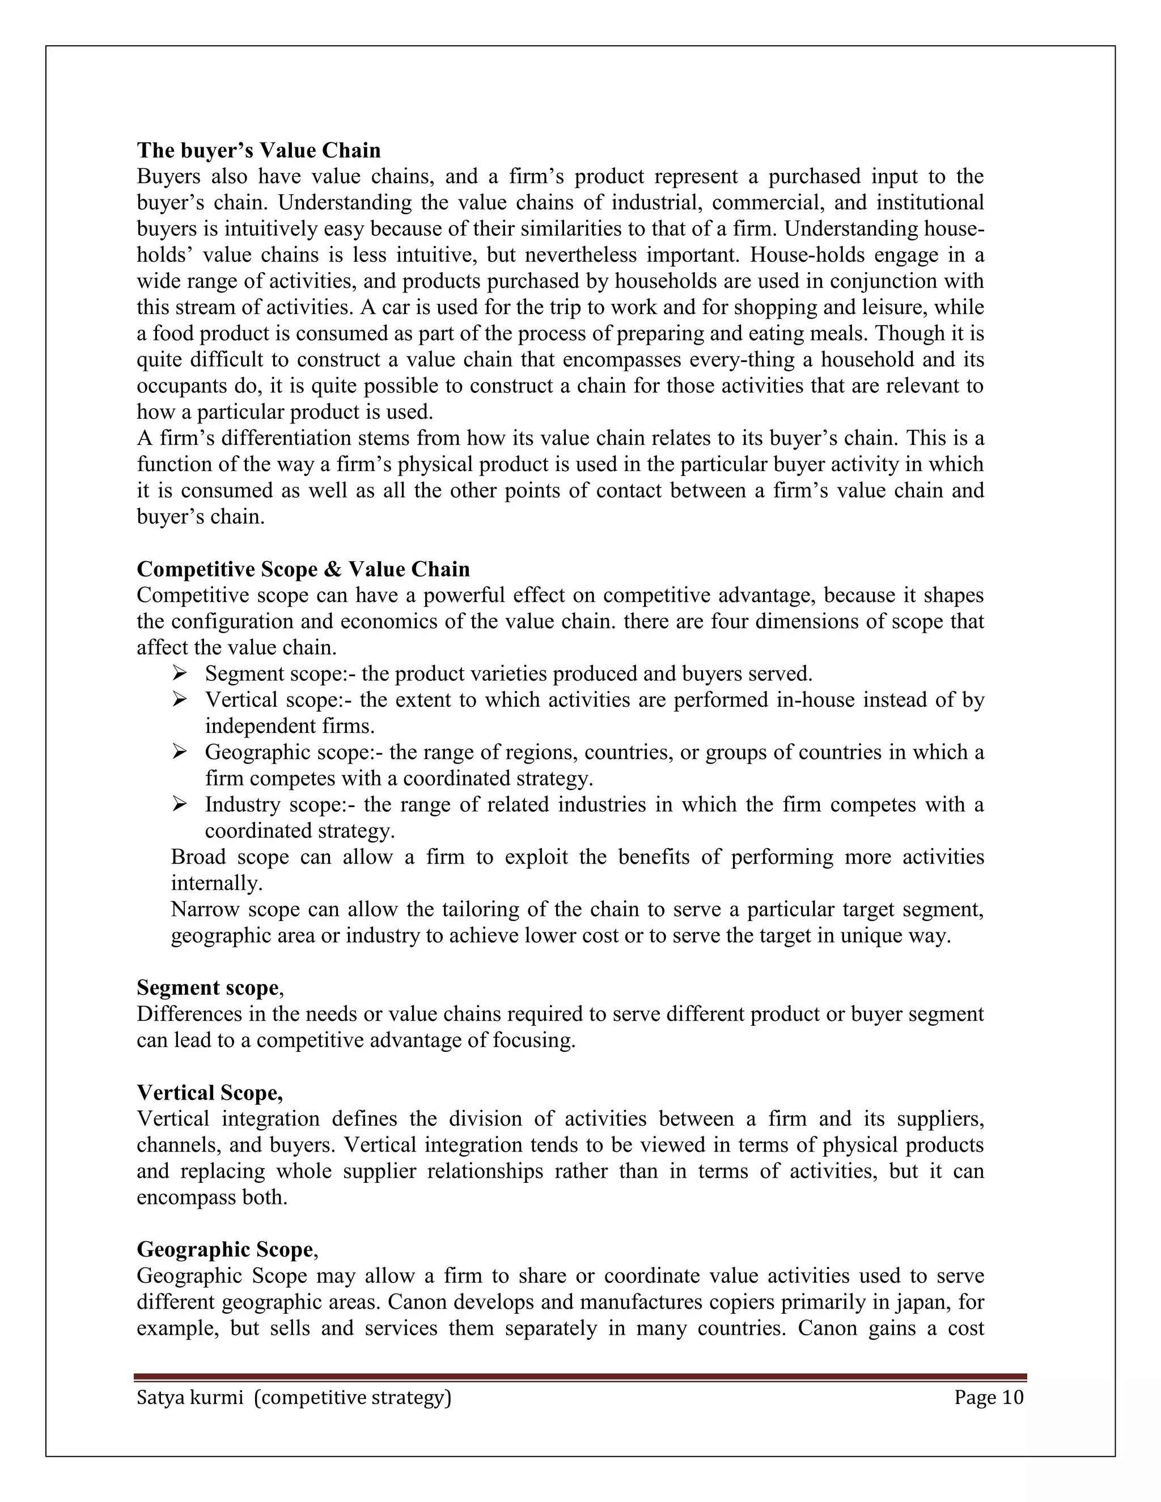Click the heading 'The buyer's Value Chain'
click(x=259, y=150)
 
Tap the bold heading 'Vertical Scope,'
click(x=210, y=1092)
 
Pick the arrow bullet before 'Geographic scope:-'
click(x=180, y=752)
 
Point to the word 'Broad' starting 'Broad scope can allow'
click(x=199, y=857)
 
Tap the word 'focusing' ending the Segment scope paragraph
click(x=533, y=1041)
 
